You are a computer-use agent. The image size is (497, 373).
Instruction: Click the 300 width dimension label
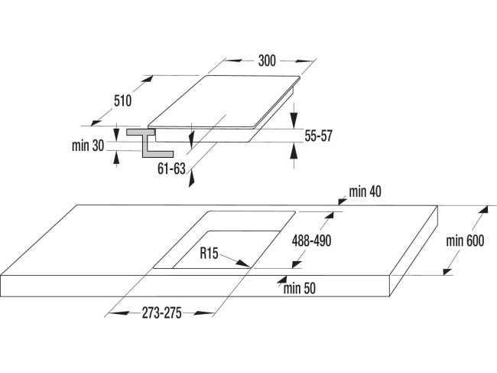click(x=267, y=60)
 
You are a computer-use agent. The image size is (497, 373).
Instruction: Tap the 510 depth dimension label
click(x=122, y=100)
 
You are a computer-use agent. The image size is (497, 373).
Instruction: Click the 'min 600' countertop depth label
click(x=466, y=242)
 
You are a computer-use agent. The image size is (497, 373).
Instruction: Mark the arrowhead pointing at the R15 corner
click(x=245, y=263)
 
